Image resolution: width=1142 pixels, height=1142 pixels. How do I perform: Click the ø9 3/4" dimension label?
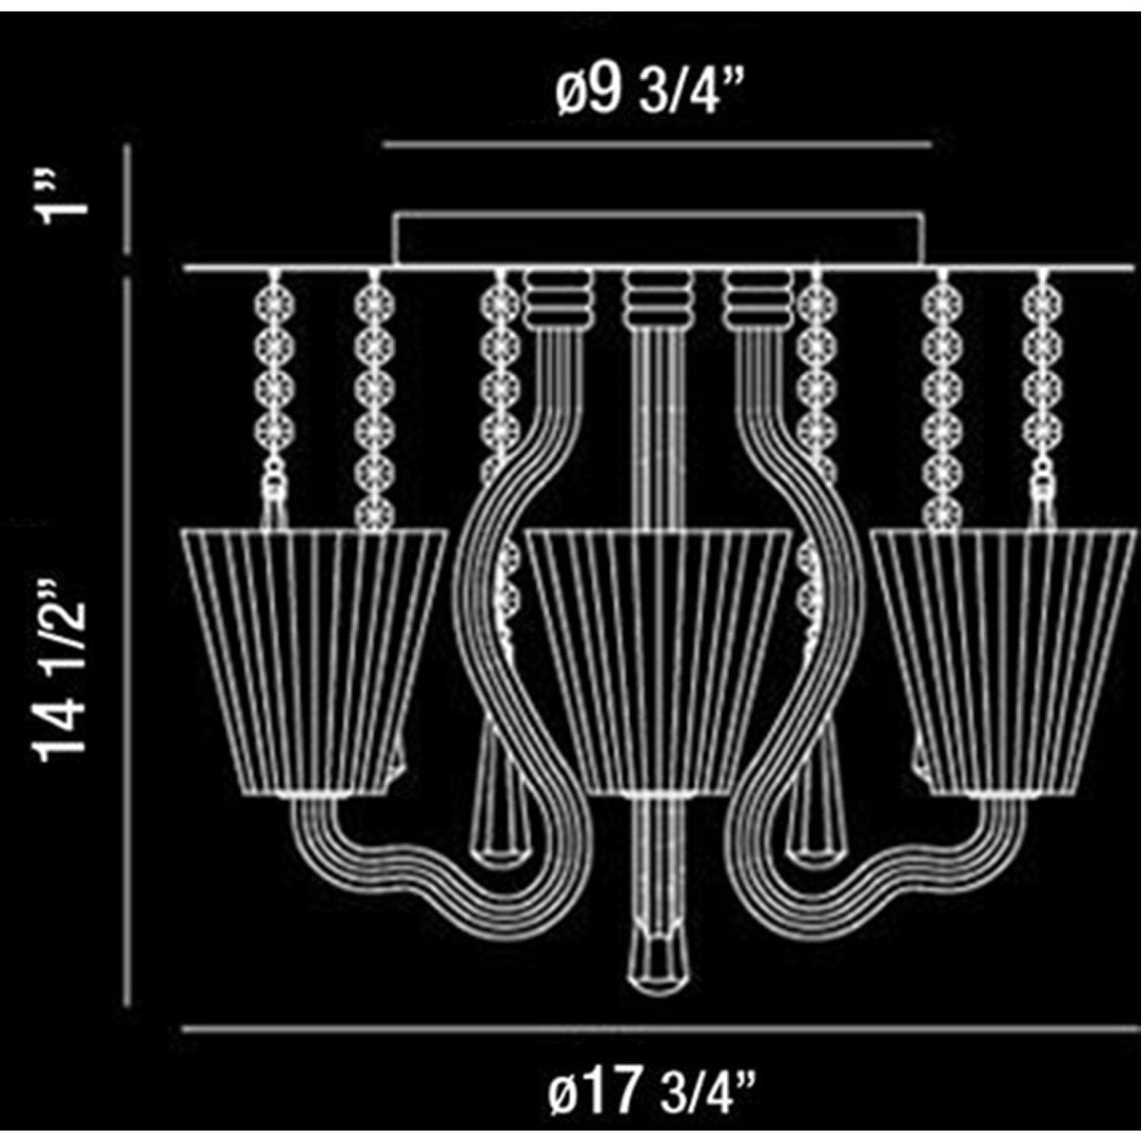652,92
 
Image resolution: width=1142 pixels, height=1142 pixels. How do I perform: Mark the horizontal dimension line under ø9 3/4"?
657,146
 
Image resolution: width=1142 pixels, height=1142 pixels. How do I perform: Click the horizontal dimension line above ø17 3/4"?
657,1029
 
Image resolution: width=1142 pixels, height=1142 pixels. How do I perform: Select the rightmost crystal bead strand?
1043,390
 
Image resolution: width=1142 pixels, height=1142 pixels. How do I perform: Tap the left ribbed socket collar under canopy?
558,298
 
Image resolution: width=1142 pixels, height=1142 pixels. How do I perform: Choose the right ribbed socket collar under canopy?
758,298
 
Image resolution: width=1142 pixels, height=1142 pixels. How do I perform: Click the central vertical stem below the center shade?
657,856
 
